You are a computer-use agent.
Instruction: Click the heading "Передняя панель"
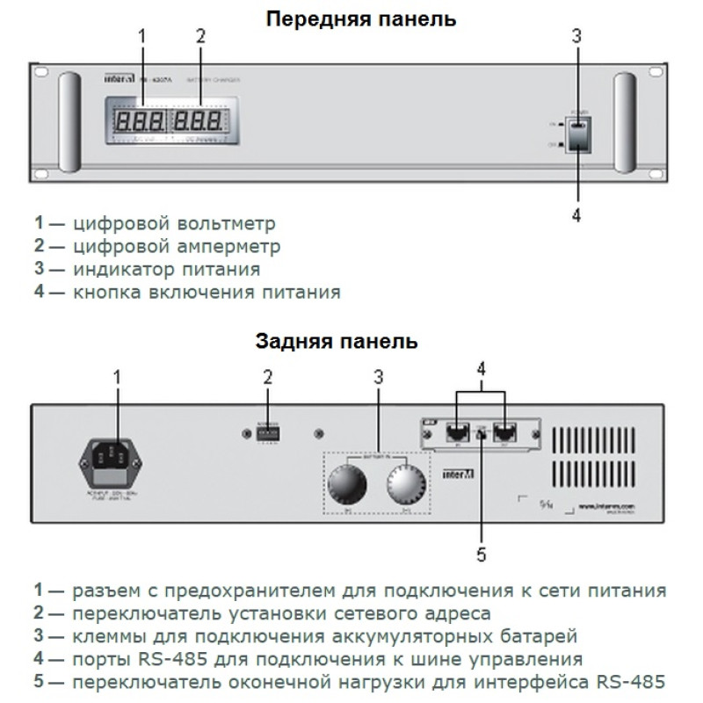coord(361,18)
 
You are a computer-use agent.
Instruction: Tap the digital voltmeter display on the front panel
coord(140,120)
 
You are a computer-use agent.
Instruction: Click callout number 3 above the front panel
coord(576,37)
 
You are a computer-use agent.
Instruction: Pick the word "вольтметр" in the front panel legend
coord(232,223)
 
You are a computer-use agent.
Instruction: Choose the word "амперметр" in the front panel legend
coord(236,246)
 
